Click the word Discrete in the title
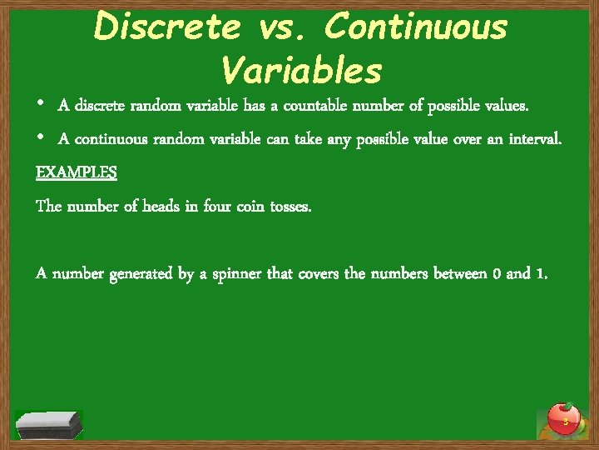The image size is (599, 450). click(x=165, y=27)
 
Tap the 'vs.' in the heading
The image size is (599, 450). click(x=282, y=27)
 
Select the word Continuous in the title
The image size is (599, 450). click(x=416, y=27)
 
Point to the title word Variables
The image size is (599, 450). click(x=301, y=71)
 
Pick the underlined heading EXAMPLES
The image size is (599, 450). click(x=77, y=172)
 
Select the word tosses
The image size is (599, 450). click(x=291, y=206)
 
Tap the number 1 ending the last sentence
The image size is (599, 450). click(x=543, y=272)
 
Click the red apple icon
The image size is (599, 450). click(x=565, y=418)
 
